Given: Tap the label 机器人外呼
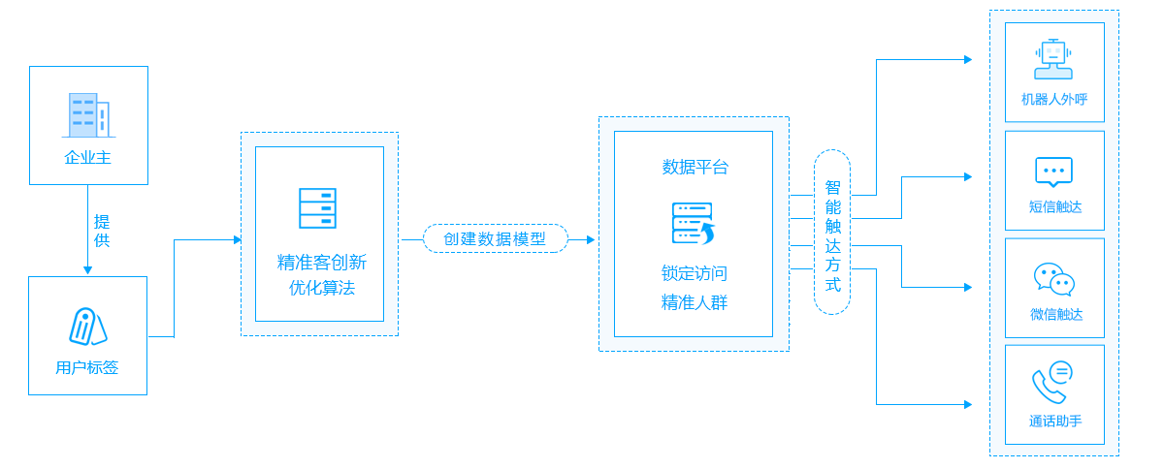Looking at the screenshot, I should tap(1054, 99).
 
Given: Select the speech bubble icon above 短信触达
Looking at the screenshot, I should tap(1054, 172).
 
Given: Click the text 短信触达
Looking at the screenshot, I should tap(1054, 206).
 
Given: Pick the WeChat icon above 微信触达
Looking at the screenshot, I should tap(1054, 279).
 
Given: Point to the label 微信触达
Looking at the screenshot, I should tap(1055, 314).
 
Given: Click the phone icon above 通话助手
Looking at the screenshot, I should tap(1052, 383).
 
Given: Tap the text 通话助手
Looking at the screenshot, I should tap(1055, 421).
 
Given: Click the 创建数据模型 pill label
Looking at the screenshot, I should tap(495, 238).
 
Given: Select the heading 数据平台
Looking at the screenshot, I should tap(695, 167).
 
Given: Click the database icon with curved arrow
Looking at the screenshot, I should tap(693, 223).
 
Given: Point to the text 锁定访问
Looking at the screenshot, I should tap(694, 273).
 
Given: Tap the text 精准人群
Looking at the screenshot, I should tap(695, 302).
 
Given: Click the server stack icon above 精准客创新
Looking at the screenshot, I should tap(318, 208).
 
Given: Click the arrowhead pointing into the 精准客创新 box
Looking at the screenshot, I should tap(238, 239).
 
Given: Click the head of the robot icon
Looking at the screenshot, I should tap(1053, 52).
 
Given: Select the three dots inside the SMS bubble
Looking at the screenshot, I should tap(1054, 169).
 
